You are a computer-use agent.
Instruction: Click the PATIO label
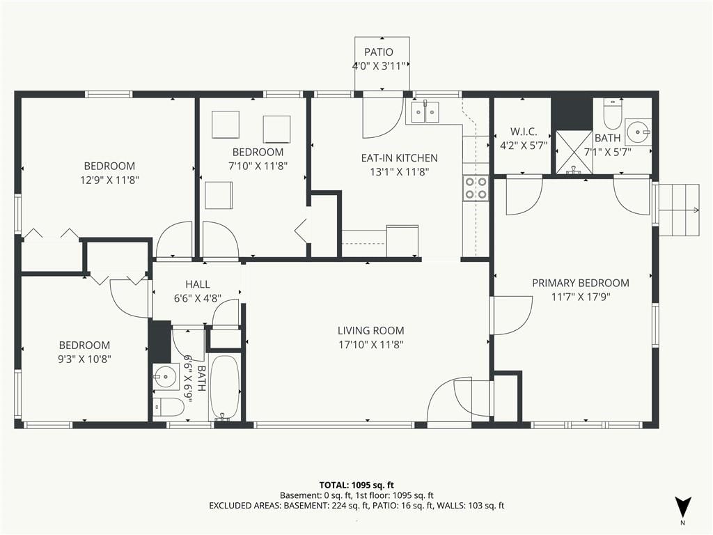tap(378, 52)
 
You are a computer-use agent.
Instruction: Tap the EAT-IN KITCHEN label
tap(399, 158)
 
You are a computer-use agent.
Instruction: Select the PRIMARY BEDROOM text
tap(581, 283)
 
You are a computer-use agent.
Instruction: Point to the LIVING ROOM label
tap(370, 331)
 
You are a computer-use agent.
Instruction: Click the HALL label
tap(197, 284)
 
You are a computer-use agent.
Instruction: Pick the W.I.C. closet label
tap(524, 132)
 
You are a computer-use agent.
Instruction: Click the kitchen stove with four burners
tap(476, 188)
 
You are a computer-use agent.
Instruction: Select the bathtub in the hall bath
tap(224, 388)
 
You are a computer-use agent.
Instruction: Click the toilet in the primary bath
tap(612, 114)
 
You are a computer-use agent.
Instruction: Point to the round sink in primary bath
tap(638, 132)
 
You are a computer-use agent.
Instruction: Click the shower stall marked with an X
tap(574, 152)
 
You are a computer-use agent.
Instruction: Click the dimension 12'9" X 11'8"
tap(109, 180)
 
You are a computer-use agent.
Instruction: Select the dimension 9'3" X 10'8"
tap(84, 359)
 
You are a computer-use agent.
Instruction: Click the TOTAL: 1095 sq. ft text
tap(356, 485)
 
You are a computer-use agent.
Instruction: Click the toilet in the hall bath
tap(168, 407)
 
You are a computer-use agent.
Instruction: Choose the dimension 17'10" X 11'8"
tap(371, 345)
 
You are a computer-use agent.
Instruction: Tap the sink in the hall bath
tap(166, 377)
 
